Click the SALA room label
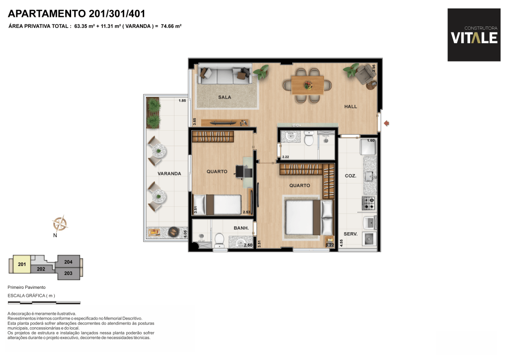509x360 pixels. click(225, 97)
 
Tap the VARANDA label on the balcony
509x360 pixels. click(169, 174)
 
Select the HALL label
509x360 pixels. click(350, 106)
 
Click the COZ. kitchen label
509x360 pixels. click(350, 176)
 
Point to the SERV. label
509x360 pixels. click(350, 234)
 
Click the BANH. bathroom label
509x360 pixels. click(241, 228)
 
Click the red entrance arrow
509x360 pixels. click(386, 123)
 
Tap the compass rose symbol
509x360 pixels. click(60, 223)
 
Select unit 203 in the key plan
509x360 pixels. click(69, 273)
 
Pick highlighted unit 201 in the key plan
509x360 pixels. click(22, 264)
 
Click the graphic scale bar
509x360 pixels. click(44, 303)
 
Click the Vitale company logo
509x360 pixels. click(474, 35)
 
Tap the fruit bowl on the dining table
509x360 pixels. click(308, 86)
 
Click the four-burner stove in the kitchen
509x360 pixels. click(368, 203)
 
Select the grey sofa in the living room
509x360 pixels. click(225, 74)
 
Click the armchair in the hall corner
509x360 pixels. click(365, 74)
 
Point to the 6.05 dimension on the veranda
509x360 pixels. click(185, 234)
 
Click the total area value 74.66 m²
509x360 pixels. click(171, 26)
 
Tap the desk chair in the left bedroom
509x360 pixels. click(240, 172)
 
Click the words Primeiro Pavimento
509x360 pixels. click(27, 287)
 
